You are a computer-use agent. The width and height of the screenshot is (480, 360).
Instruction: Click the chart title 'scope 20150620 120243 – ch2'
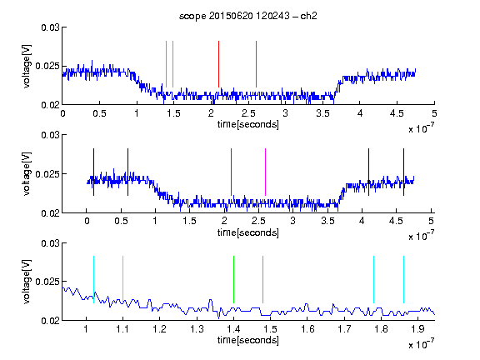[x=248, y=16]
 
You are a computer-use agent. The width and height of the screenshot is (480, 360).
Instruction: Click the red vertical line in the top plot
[x=218, y=64]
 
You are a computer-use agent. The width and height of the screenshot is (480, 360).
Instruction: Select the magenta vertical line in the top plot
[x=256, y=64]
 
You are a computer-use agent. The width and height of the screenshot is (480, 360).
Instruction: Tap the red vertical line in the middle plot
[x=231, y=172]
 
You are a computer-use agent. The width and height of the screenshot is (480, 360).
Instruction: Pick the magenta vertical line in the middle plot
[x=265, y=172]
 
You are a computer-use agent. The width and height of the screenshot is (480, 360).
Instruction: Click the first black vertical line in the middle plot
[x=93, y=172]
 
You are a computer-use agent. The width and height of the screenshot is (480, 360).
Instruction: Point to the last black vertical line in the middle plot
[x=403, y=172]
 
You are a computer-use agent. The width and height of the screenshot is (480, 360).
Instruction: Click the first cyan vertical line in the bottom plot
[x=93, y=279]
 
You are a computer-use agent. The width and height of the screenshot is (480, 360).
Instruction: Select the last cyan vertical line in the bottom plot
[x=403, y=279]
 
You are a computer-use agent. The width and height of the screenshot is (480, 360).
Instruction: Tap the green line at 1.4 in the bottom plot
[x=233, y=279]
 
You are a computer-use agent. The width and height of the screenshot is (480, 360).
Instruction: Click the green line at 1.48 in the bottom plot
[x=263, y=279]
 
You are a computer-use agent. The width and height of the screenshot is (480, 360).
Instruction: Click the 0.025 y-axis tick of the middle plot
[x=47, y=174]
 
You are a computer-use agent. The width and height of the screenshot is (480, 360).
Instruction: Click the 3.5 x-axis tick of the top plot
[x=323, y=113]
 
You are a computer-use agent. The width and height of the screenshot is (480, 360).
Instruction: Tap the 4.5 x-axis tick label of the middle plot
[x=396, y=221]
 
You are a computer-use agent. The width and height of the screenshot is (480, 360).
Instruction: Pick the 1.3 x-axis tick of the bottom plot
[x=197, y=329]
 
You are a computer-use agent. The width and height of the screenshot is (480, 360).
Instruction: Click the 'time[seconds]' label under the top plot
[x=248, y=124]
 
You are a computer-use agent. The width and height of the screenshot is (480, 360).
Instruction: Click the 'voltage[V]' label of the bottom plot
[x=27, y=282]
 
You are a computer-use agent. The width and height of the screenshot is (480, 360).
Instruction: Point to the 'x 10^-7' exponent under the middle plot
[x=421, y=235]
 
